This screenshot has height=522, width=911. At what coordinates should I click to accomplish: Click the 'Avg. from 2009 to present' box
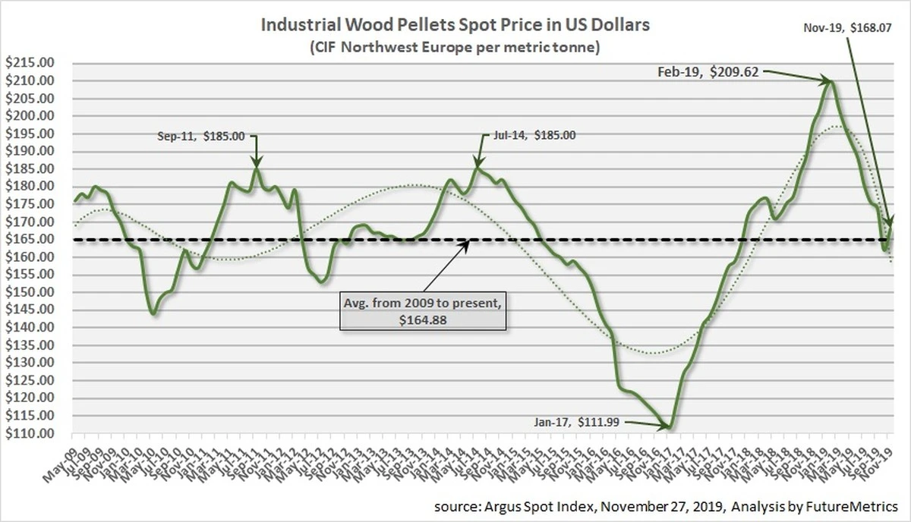[x=422, y=311]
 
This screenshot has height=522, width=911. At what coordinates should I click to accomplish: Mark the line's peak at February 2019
[x=831, y=82]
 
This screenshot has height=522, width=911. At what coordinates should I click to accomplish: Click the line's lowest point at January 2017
[x=669, y=427]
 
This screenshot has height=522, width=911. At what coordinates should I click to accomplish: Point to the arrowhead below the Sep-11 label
[x=257, y=162]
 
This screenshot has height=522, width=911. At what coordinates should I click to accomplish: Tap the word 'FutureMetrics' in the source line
[x=851, y=505]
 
